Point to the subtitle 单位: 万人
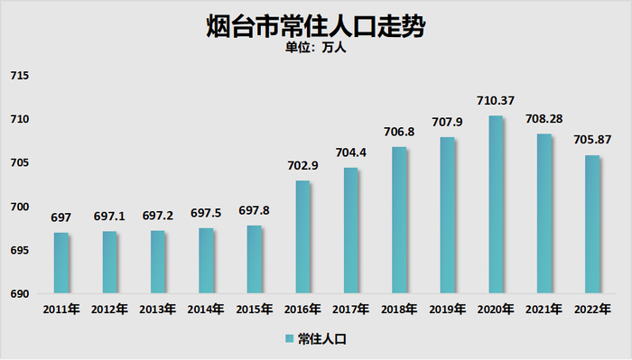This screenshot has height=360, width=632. (315, 49)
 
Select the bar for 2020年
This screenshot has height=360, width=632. (495, 205)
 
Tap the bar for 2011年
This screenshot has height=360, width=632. (61, 263)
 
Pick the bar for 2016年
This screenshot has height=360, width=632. (302, 237)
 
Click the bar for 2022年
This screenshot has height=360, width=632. (591, 225)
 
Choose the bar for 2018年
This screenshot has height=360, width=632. (399, 220)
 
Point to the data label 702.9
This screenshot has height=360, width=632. (303, 166)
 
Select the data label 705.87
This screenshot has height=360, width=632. (593, 140)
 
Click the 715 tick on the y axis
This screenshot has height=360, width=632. (19, 76)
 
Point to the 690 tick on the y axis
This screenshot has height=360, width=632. (19, 294)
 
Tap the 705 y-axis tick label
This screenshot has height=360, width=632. (19, 163)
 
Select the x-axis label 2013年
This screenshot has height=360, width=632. (158, 309)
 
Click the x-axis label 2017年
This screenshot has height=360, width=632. (351, 309)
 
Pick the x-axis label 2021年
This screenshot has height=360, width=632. (544, 309)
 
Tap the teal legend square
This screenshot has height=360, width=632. (290, 339)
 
